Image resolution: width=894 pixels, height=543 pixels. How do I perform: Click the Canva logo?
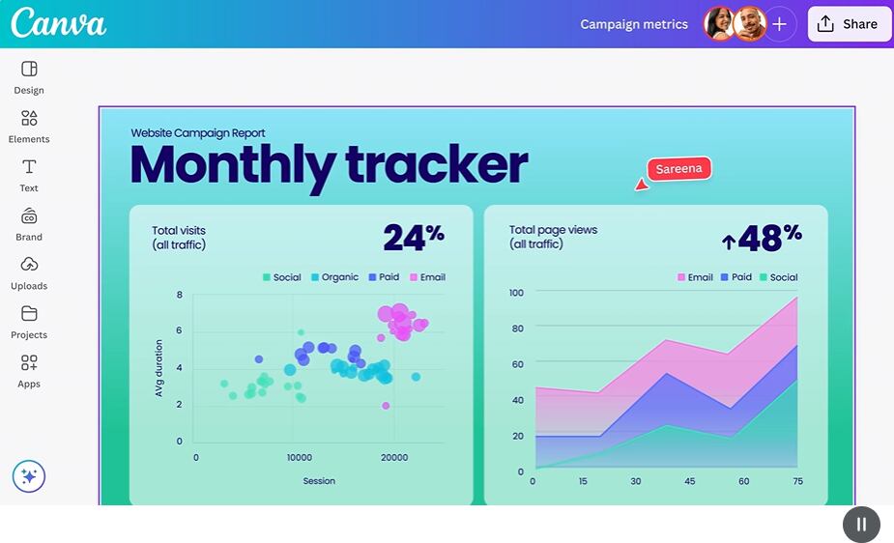(58, 23)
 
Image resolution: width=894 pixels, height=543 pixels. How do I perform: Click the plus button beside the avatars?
(780, 24)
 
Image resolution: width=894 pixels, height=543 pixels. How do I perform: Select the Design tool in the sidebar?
(29, 76)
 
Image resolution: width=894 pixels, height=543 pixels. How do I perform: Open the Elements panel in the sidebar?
(29, 126)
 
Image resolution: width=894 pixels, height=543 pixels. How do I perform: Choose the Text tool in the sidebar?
(29, 175)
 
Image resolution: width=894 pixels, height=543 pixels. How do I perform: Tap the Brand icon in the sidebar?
(29, 223)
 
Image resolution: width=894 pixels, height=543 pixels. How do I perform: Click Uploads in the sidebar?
(29, 272)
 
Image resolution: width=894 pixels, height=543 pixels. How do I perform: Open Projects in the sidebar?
(29, 322)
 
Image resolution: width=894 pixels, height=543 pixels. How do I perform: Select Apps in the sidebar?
(29, 370)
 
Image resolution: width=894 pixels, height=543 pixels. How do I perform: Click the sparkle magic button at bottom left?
(29, 476)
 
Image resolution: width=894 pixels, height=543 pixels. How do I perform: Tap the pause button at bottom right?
(861, 525)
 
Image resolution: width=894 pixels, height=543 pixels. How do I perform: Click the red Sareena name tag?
(678, 169)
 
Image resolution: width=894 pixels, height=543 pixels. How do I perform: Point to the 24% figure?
(414, 237)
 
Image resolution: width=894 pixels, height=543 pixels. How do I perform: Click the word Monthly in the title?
(232, 165)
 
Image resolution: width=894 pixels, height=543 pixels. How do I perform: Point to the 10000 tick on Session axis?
(300, 458)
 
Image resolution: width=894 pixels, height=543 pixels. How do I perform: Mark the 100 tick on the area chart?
(516, 293)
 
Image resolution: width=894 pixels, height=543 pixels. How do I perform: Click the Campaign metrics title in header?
(634, 24)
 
